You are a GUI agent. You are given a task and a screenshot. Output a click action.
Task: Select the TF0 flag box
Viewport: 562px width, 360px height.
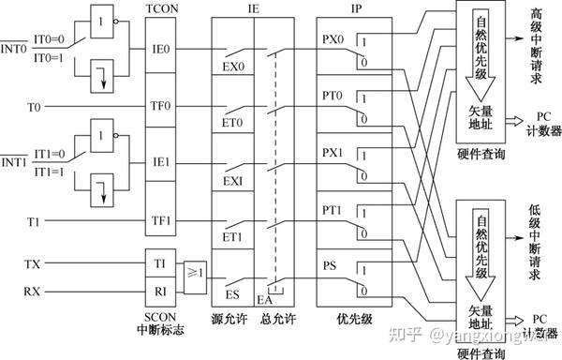click(161, 107)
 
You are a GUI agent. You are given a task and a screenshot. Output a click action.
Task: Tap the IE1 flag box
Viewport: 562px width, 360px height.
click(161, 161)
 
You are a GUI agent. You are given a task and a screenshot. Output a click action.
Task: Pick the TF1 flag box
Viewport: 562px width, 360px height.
click(161, 222)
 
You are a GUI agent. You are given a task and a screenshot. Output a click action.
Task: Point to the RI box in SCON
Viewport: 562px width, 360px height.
click(161, 292)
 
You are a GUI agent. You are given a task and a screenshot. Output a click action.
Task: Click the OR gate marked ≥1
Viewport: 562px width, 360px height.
click(196, 273)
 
